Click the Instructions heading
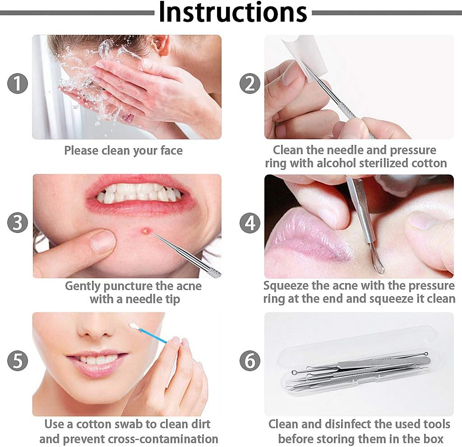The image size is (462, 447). [x=233, y=12]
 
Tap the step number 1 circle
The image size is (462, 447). [x=18, y=84]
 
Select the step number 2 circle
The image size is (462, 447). [x=250, y=84]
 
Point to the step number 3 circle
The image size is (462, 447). [x=18, y=223]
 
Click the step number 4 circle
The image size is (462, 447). [x=250, y=223]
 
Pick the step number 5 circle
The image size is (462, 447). [x=18, y=360]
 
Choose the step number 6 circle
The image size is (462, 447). [x=250, y=360]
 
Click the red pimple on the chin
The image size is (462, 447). [x=146, y=231]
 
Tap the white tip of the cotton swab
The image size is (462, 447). [x=134, y=326]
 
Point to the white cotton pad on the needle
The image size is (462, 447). [x=301, y=57]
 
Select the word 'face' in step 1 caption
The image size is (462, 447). [x=171, y=150]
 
